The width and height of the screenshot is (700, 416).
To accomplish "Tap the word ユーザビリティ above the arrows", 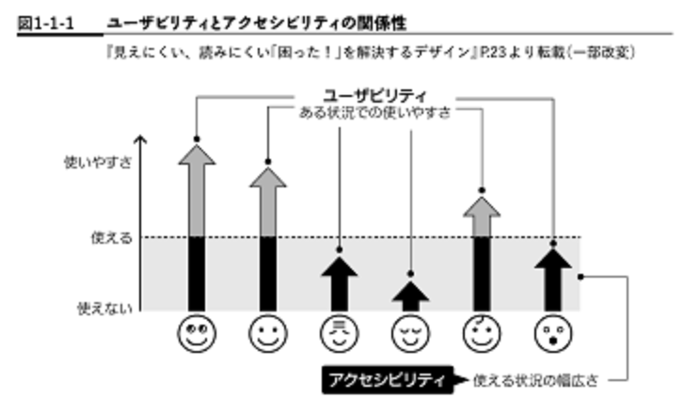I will pos(374,95).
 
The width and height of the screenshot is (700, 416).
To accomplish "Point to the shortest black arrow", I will pos(410,296).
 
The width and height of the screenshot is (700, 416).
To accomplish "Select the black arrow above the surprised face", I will pos(554,278).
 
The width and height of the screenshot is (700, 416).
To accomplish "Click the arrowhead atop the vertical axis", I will pos(141,140).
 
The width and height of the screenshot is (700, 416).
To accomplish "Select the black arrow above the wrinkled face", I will pos(339,281).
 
